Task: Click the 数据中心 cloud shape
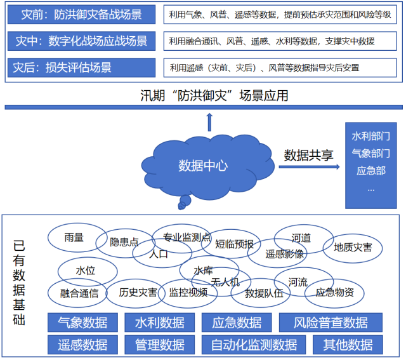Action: pos(203,166)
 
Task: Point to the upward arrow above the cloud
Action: pos(210,121)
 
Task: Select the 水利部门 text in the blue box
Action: pos(370,137)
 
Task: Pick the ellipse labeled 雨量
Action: pos(74,237)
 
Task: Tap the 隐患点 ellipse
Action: pos(124,242)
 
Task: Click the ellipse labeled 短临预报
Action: pos(234,244)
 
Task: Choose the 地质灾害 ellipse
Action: pos(353,247)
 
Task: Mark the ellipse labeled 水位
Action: pos(86,270)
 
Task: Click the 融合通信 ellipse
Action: pos(79,293)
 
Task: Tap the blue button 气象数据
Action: pos(82,323)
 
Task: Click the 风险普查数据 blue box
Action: pos(330,323)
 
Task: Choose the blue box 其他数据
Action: pos(348,345)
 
